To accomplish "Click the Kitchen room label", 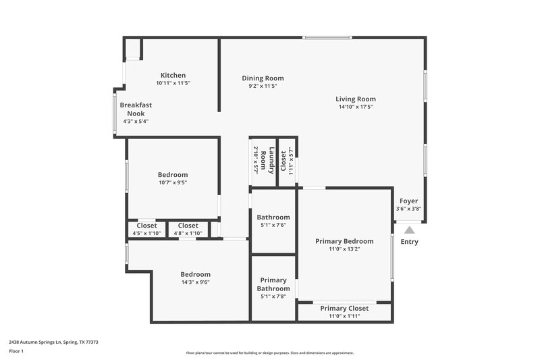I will [x=173, y=75].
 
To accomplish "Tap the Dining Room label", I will [x=263, y=78].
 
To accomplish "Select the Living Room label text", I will [x=356, y=99].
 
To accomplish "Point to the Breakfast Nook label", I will [x=136, y=109].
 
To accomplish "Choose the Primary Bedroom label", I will [x=344, y=241].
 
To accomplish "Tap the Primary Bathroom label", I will [x=273, y=284].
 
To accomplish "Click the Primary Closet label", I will [x=344, y=308].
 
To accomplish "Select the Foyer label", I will [x=408, y=201].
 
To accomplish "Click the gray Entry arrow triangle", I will [x=409, y=230].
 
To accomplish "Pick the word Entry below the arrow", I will [x=409, y=242].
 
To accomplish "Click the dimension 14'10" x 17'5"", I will [x=356, y=107].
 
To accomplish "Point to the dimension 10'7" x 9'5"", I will [x=173, y=182].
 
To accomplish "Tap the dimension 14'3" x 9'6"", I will [x=195, y=282].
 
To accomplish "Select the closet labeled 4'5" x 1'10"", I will [x=147, y=229].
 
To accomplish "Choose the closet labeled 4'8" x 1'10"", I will [x=188, y=229].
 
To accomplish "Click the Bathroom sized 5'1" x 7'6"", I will [x=273, y=220].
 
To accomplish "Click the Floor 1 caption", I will [x=16, y=351].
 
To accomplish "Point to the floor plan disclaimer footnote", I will [x=269, y=353].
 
